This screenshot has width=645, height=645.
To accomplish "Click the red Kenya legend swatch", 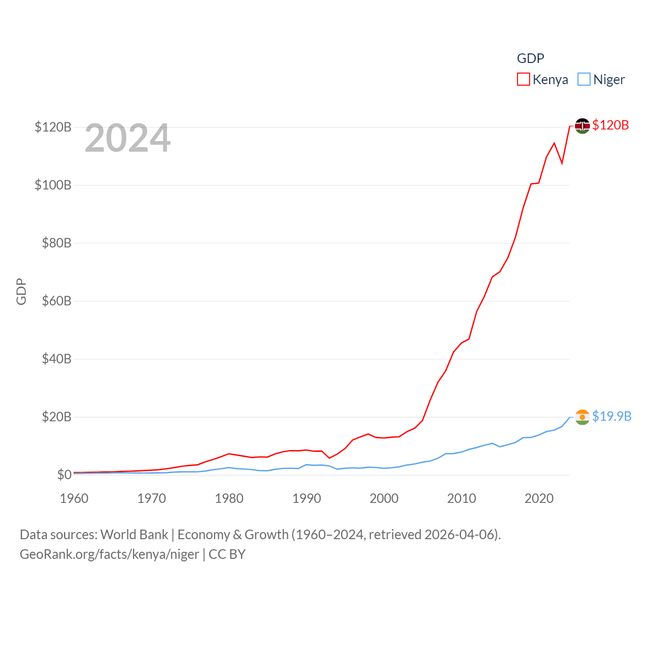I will (x=524, y=80).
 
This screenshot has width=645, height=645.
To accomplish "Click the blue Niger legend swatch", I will (x=584, y=80).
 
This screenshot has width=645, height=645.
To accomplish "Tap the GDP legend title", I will (x=531, y=58).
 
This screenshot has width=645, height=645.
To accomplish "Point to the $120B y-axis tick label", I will (x=53, y=127).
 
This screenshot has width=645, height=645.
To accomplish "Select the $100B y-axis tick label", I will (x=53, y=185).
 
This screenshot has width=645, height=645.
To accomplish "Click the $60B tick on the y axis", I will (x=56, y=301).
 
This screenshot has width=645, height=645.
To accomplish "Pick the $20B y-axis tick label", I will (x=56, y=417).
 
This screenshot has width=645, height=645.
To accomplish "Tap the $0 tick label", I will (x=64, y=475).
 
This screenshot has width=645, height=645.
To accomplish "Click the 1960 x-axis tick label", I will (x=74, y=498).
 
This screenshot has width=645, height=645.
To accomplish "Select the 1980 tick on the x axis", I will (x=229, y=498).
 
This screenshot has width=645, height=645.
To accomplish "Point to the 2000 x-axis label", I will (x=384, y=498).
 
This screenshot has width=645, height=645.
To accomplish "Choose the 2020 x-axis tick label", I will (x=539, y=498).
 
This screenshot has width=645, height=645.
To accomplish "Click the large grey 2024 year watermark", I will (x=127, y=138).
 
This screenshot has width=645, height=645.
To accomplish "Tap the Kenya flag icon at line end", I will (x=583, y=125).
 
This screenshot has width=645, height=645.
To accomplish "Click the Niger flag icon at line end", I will (x=583, y=417).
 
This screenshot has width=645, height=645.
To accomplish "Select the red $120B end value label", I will (x=611, y=125).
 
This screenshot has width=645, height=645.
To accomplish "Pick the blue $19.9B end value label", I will (x=612, y=416).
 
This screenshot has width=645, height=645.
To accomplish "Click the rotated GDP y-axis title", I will (x=21, y=291).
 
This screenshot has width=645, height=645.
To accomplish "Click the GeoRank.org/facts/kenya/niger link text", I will (x=109, y=554).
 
